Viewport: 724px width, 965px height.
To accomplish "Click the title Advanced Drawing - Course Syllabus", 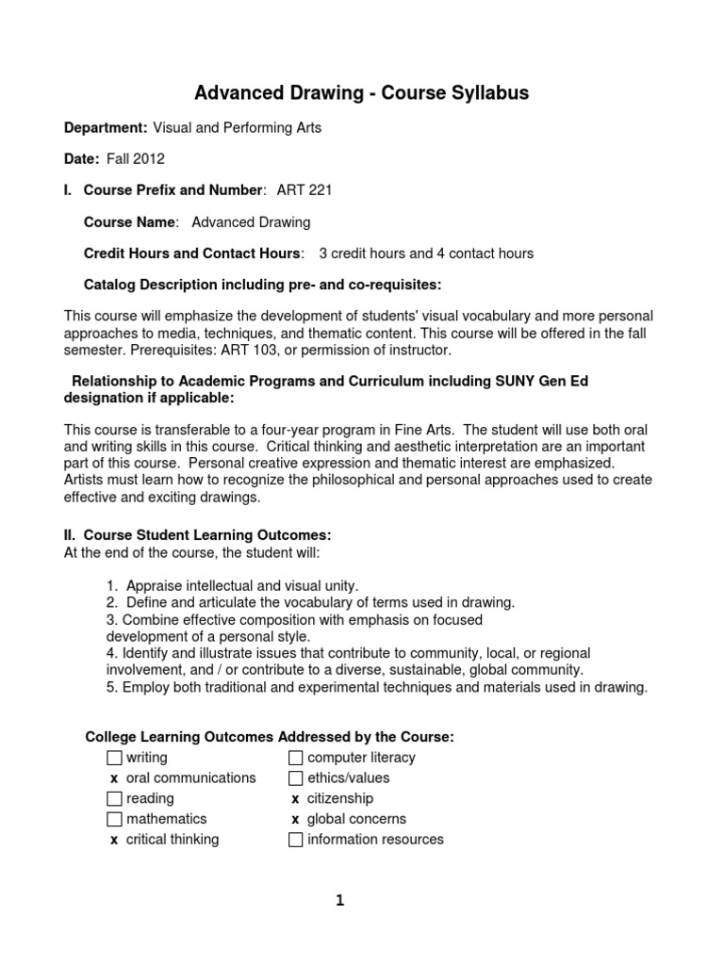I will point(361,92).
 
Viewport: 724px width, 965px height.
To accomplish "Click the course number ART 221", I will point(304,190).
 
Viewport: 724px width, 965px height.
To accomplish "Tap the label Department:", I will point(105,128).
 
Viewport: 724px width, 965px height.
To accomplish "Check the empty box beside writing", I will point(114,758).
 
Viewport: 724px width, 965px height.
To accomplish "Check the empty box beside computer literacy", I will point(296,758).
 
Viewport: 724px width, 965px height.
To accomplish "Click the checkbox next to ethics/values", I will point(296,778).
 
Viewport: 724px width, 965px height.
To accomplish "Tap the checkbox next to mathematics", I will point(114,820).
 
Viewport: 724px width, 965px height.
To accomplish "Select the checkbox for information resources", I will point(296,841).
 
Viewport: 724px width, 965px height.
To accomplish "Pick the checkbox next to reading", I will point(114,799).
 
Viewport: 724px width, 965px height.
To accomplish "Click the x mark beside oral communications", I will point(114,778).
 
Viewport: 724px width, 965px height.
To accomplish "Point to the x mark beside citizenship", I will point(295,799).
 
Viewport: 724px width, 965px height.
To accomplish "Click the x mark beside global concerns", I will point(295,820).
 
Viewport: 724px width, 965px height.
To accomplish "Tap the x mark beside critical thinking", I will point(114,841).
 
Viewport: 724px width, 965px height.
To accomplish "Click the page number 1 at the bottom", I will point(340,901).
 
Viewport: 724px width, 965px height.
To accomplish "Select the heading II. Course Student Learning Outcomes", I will point(197,535).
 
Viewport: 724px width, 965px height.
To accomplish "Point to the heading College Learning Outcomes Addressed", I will point(269,737).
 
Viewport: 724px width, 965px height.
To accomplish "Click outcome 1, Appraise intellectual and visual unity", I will point(232,585).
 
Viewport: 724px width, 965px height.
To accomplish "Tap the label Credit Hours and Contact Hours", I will point(193,254).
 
